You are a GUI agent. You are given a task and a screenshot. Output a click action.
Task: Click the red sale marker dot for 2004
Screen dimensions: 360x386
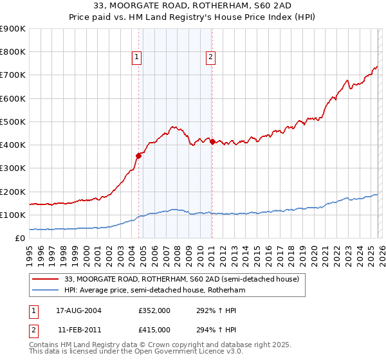138,155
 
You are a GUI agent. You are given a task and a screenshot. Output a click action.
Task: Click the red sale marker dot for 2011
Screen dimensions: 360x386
212,141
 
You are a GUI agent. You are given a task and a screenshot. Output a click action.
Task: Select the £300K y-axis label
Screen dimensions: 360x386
13,168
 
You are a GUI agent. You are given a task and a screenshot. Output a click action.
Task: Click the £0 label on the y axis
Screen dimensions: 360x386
19,239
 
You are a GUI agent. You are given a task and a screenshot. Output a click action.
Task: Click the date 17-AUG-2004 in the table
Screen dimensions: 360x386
77,310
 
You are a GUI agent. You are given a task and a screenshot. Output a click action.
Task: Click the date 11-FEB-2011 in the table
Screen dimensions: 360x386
77,329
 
